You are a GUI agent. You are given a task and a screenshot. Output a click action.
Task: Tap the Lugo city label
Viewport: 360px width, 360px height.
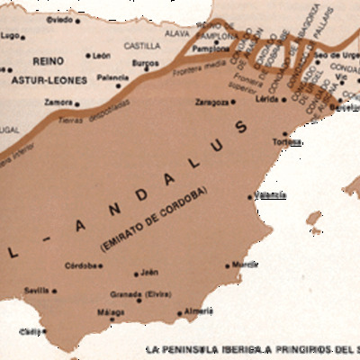point(11,35)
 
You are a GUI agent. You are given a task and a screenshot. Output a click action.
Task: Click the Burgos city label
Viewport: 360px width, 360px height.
point(145,63)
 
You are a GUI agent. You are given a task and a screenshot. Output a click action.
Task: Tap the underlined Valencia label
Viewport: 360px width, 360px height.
point(271,194)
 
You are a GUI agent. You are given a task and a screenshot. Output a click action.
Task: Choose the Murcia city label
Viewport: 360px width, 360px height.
point(246,265)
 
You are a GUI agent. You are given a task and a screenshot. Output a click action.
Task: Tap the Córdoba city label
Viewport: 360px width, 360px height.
point(83,265)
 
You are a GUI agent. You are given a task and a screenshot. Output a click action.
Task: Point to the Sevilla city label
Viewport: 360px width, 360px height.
point(37,290)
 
